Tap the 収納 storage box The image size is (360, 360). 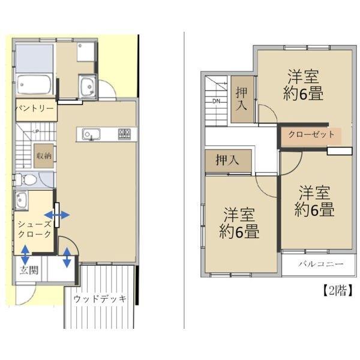pos(43,155)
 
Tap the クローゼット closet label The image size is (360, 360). pos(311,134)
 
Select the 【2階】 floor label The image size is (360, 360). pos(333,291)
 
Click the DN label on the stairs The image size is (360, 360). pos(216,101)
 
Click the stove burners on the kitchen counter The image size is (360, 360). pos(124,133)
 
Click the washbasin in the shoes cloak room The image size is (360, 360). pos(20,200)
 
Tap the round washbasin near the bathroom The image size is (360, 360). pos(86,85)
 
